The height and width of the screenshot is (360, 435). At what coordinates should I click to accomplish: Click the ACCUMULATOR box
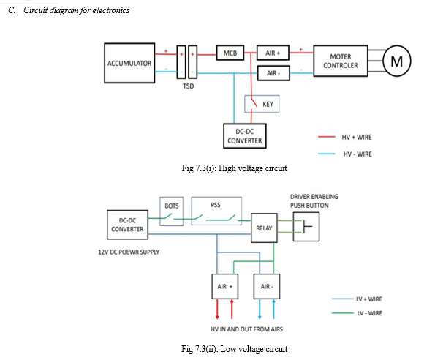click(129, 63)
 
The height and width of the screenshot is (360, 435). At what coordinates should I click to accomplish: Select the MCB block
click(230, 53)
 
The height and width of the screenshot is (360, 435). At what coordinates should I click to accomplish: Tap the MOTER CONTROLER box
click(341, 61)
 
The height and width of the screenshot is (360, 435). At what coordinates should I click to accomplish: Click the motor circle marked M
click(397, 61)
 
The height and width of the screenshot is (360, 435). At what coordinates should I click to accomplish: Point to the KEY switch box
click(262, 104)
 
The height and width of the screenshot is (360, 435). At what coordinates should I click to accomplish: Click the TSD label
click(189, 86)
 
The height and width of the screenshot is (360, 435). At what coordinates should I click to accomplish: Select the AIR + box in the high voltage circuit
click(273, 53)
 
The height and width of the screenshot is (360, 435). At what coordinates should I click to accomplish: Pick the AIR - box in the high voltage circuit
click(273, 73)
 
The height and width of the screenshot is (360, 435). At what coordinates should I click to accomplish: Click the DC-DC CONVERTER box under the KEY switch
click(245, 136)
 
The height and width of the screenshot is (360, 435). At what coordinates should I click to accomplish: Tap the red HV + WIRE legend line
click(327, 137)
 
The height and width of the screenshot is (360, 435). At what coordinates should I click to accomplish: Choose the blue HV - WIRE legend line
click(327, 154)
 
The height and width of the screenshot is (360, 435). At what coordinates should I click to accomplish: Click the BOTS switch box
click(172, 211)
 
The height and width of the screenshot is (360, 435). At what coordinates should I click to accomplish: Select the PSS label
click(216, 205)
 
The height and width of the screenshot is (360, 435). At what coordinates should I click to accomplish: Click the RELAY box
click(264, 228)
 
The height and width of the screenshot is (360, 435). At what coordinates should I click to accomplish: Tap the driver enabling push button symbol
click(306, 227)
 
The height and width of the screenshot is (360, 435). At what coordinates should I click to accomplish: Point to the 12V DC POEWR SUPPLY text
click(129, 252)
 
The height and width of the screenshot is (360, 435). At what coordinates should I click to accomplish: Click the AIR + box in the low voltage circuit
click(224, 286)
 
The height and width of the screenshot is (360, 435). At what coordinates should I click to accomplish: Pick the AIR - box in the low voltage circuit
click(267, 286)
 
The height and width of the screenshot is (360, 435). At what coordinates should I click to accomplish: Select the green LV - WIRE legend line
click(343, 313)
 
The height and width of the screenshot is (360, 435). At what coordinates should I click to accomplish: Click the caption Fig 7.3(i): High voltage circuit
click(235, 168)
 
